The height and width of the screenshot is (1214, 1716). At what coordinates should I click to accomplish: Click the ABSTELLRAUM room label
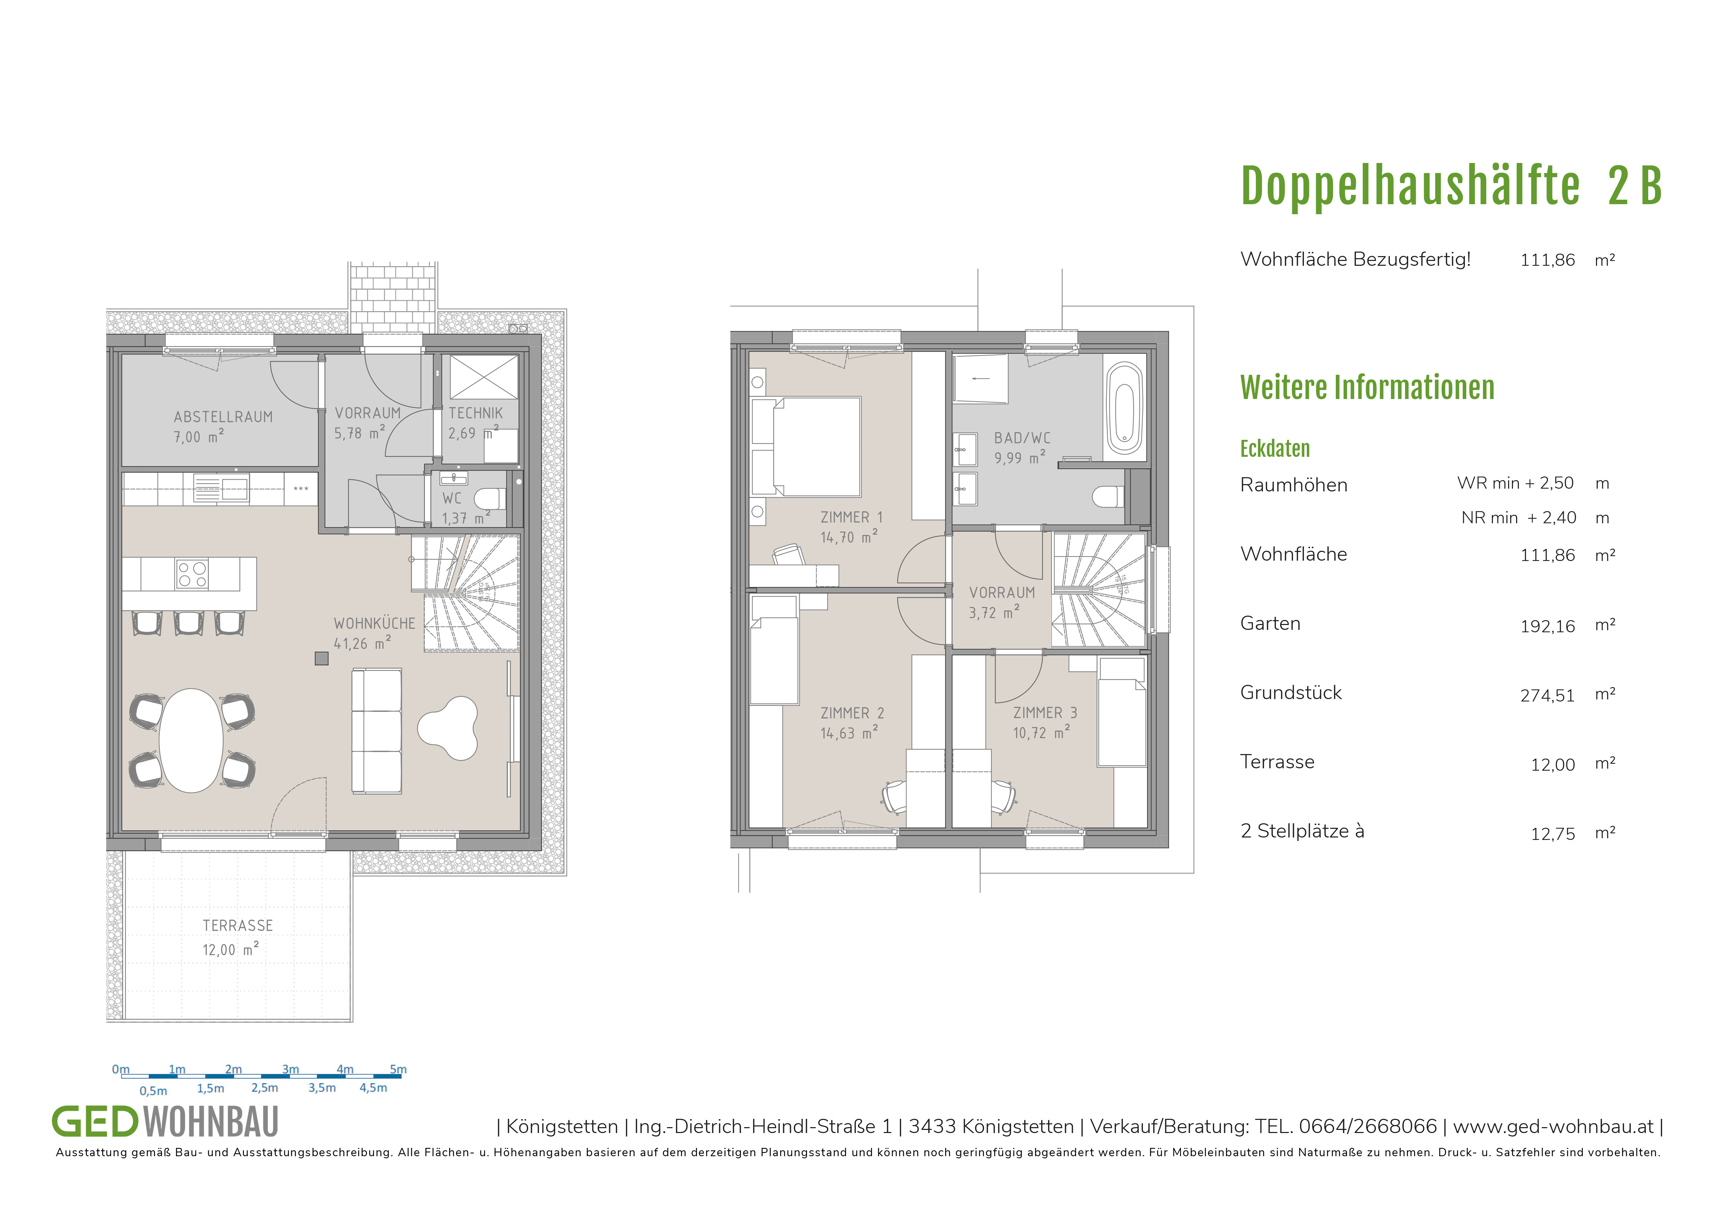coord(223,417)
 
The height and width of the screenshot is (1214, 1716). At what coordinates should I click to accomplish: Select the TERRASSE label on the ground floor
coord(238,925)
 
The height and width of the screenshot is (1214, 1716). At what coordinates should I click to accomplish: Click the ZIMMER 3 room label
coord(1045,713)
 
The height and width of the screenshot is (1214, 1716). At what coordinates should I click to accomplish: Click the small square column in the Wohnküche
coord(321,659)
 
